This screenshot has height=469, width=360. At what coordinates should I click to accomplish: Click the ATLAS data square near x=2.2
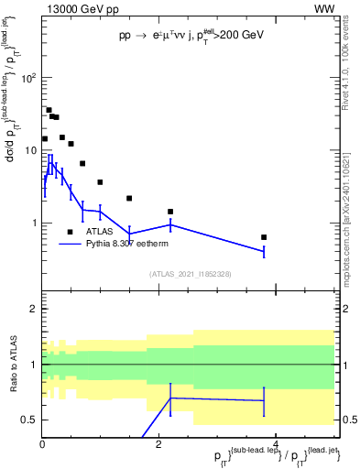(170, 212)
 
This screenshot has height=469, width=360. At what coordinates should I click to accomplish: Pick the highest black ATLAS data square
(49, 110)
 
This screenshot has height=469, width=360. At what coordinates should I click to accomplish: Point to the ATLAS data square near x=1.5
(129, 198)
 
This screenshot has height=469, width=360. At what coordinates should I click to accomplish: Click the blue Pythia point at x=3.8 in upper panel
(264, 251)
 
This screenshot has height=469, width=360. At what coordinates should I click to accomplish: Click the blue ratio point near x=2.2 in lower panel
(170, 398)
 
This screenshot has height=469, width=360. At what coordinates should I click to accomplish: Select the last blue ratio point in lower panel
(264, 400)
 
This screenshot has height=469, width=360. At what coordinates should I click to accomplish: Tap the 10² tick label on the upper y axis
(28, 78)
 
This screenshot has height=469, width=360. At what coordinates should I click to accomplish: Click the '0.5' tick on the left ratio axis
(29, 420)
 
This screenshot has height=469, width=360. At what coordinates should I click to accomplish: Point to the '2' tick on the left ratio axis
(34, 310)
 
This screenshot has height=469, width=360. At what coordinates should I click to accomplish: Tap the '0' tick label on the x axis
(42, 445)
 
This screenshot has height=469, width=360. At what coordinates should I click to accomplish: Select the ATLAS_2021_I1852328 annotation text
(191, 274)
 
